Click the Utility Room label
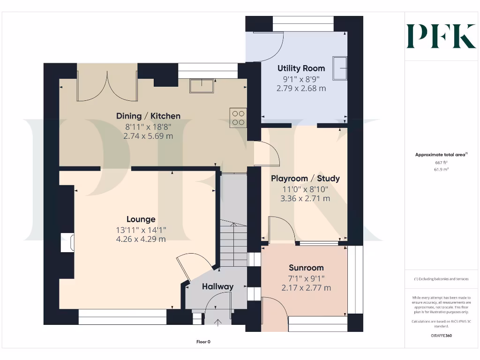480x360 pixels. click(301, 68)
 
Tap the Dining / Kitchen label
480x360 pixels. click(148, 116)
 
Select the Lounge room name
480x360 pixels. click(141, 219)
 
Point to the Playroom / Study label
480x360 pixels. click(305, 179)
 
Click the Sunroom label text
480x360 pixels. click(306, 268)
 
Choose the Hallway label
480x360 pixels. click(217, 287)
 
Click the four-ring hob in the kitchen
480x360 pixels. click(238, 118)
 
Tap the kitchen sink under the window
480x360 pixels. click(201, 86)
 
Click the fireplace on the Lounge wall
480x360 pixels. click(69, 242)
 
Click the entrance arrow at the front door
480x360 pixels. click(218, 322)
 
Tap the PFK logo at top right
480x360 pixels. click(441, 36)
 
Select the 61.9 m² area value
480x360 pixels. click(441, 169)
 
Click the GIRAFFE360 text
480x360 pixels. click(441, 336)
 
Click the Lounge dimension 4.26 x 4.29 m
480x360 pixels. click(142, 239)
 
